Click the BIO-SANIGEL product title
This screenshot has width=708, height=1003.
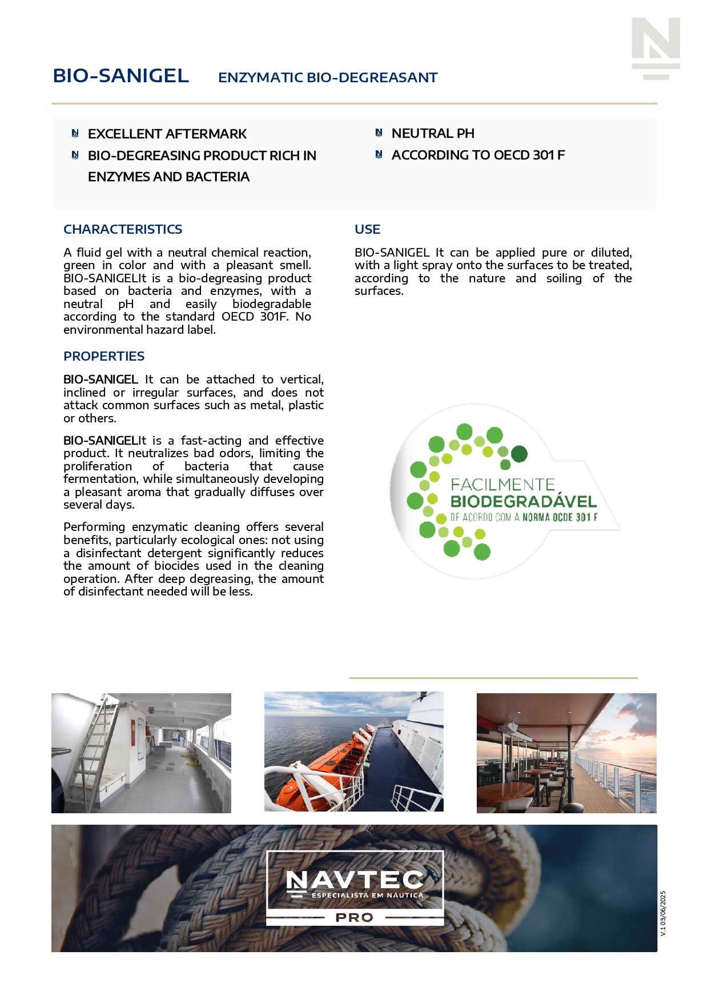pyautogui.click(x=120, y=76)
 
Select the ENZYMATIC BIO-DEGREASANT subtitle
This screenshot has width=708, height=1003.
pyautogui.click(x=328, y=78)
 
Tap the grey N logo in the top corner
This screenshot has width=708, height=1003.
pyautogui.click(x=655, y=48)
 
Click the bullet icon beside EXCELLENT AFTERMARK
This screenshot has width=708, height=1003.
pyautogui.click(x=75, y=134)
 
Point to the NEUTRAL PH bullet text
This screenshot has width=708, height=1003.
pyautogui.click(x=433, y=134)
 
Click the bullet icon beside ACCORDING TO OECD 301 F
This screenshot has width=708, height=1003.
pyautogui.click(x=379, y=154)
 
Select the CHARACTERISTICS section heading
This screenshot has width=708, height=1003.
pyautogui.click(x=123, y=229)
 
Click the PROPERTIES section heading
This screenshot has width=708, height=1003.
pyautogui.click(x=104, y=356)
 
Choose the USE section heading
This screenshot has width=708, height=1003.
pyautogui.click(x=367, y=229)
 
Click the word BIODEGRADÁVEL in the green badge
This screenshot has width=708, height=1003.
pyautogui.click(x=523, y=502)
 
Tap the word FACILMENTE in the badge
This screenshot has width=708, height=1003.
pyautogui.click(x=502, y=485)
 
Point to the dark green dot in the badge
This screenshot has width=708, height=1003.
pyautogui.click(x=519, y=454)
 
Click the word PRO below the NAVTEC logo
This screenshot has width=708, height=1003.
pyautogui.click(x=355, y=917)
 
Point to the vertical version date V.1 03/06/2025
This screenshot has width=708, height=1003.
pyautogui.click(x=663, y=913)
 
